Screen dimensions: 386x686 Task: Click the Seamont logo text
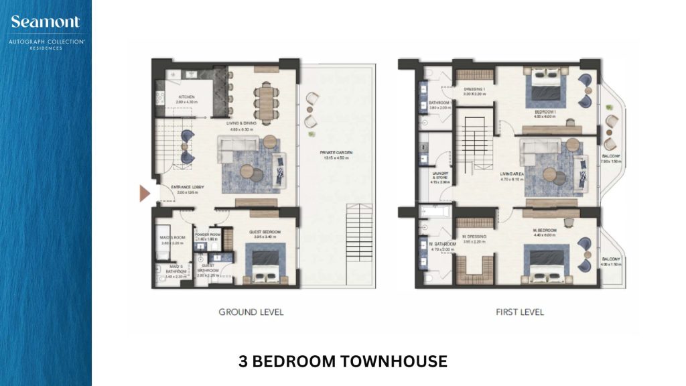click(45, 22)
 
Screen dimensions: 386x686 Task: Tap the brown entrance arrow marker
click(145, 193)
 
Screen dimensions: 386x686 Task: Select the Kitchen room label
click(186, 98)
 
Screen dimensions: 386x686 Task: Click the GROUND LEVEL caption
click(251, 312)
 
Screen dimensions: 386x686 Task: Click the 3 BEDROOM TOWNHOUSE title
click(342, 362)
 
